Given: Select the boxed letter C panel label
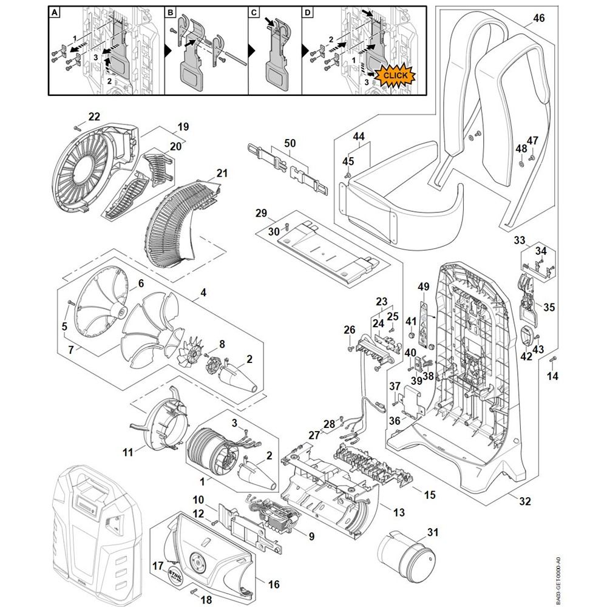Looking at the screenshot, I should coord(254,13).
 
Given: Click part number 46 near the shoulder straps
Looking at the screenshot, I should coord(539,19).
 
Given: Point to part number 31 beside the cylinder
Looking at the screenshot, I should coord(432,532).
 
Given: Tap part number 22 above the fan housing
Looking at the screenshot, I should coord(94,117).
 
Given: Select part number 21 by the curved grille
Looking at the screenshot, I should coord(222,174).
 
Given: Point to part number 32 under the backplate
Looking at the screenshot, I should coord(525,501).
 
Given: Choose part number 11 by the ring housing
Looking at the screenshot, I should coord(127,452).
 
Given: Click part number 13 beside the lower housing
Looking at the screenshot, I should coord(398,513).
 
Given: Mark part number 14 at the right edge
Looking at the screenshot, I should coord(552,376).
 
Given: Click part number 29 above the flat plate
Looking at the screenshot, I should coord(262,214).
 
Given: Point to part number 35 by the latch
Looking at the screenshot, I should coord(549,307).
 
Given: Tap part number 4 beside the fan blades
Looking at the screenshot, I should coord(203,292).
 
